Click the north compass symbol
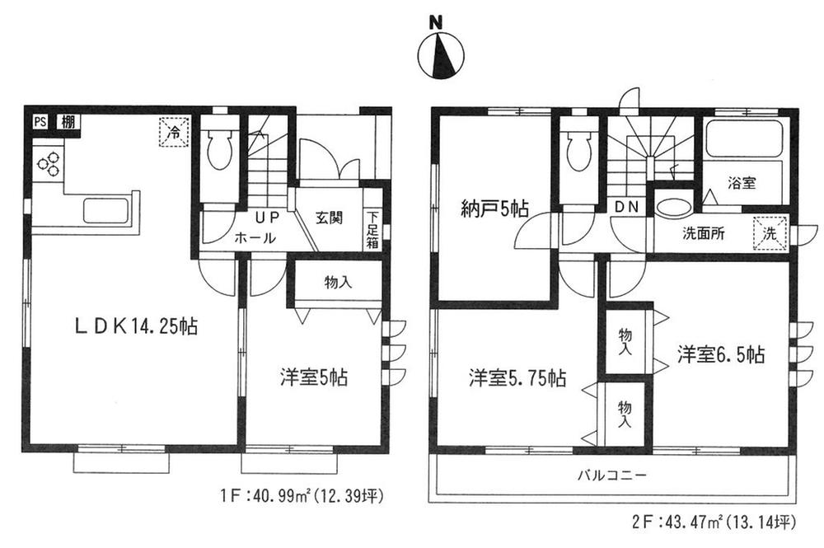point(442,56)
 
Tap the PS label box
point(40,122)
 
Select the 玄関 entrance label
point(329,218)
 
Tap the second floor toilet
point(580,151)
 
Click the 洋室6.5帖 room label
point(722,355)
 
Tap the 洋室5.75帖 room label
point(517,379)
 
